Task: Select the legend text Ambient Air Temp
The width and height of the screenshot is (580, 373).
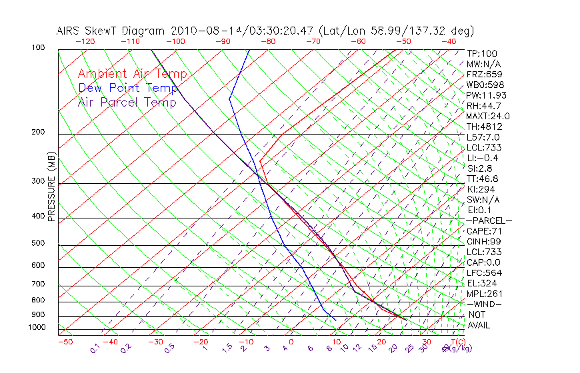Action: pyautogui.click(x=132, y=74)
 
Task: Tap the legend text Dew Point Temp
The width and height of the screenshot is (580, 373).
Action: pyautogui.click(x=127, y=88)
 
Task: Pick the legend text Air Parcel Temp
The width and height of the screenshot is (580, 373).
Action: pyautogui.click(x=127, y=102)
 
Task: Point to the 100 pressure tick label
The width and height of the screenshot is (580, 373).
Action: pyautogui.click(x=38, y=48)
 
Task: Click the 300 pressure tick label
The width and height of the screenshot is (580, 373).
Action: pyautogui.click(x=38, y=181)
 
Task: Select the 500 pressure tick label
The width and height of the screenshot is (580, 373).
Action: pyautogui.click(x=38, y=244)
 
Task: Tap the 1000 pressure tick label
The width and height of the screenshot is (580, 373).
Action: pyautogui.click(x=37, y=328)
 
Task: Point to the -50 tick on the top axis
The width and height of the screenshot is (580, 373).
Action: pyautogui.click(x=403, y=41)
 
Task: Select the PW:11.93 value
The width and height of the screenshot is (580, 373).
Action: pyautogui.click(x=486, y=95)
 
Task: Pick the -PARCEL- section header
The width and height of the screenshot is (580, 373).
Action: pyautogui.click(x=489, y=220)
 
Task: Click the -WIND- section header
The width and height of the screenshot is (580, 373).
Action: pyautogui.click(x=484, y=304)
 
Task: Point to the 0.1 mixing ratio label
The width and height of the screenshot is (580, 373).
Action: pyautogui.click(x=95, y=348)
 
